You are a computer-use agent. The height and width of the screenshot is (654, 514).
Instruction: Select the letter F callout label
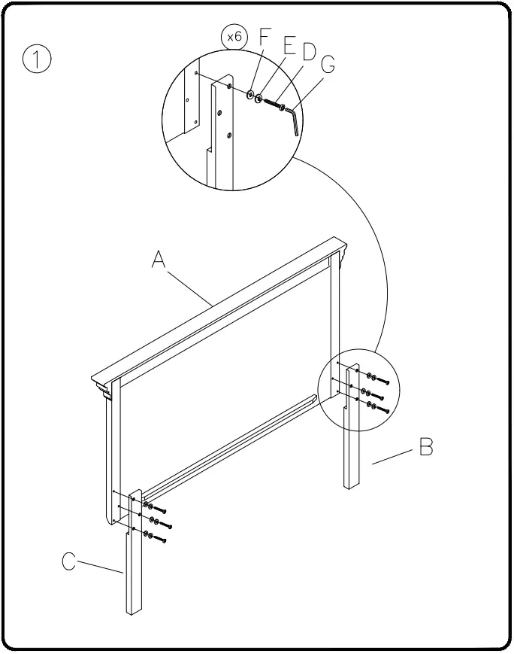pos(264,38)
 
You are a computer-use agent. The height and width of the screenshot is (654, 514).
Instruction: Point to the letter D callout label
pos(308,53)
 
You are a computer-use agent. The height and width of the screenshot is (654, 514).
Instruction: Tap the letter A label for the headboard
pos(159,260)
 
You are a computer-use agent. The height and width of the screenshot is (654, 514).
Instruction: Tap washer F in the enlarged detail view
pos(251,95)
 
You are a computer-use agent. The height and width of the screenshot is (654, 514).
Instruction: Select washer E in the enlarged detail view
pos(260,99)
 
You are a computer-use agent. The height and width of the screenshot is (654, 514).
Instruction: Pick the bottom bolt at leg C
pos(159,540)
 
